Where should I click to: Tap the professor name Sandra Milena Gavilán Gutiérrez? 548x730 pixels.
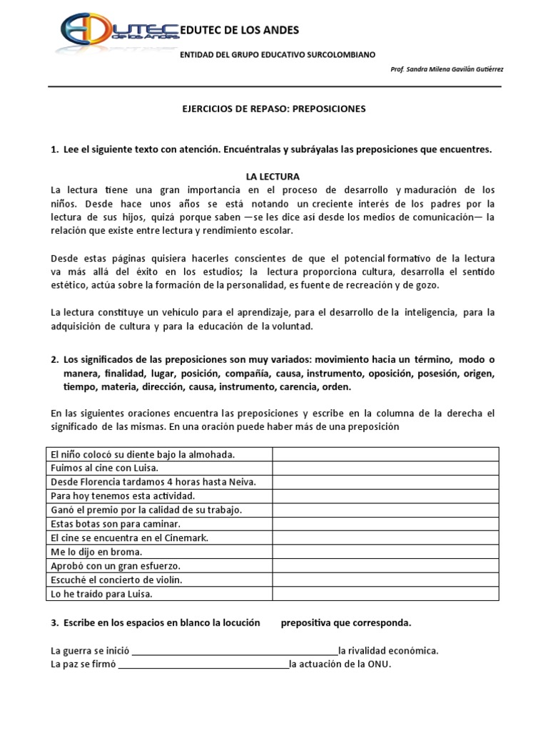[445, 70]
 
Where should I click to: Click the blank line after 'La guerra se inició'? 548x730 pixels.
[235, 650]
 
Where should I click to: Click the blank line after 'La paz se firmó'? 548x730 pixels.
[203, 664]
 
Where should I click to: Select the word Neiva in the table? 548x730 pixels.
[241, 482]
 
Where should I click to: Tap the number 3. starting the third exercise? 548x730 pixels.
[54, 622]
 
